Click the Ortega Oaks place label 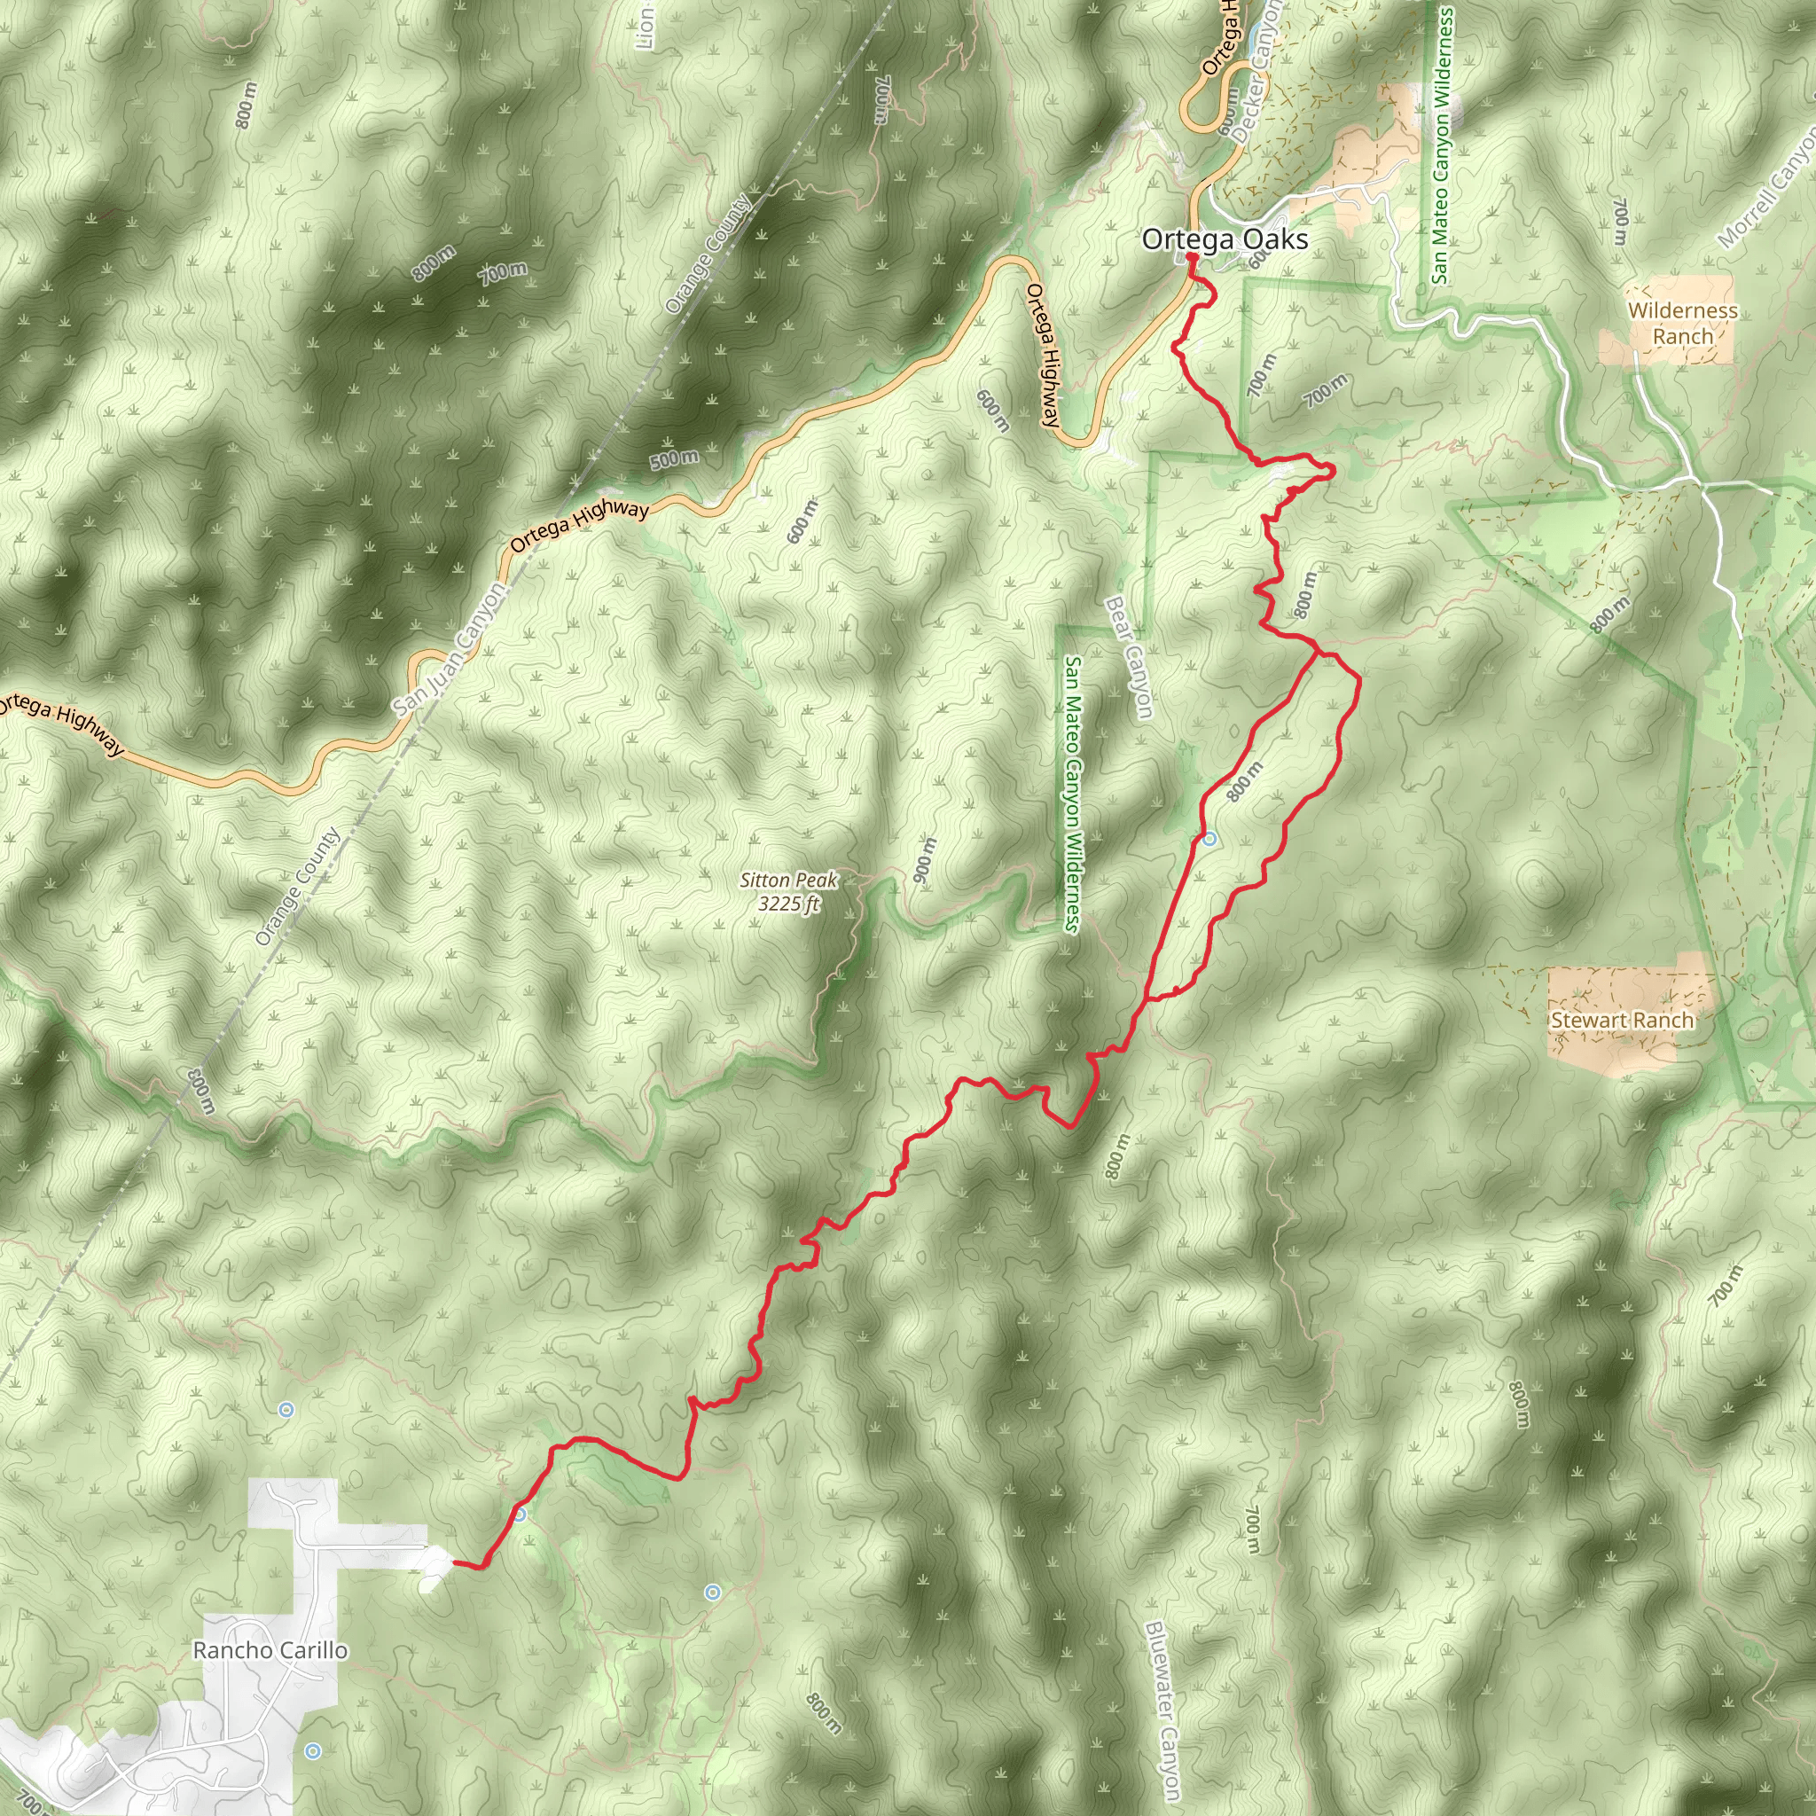(x=1224, y=239)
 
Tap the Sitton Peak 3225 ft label (x=787, y=891)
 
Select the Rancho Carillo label (x=270, y=1649)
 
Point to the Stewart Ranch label (x=1622, y=1020)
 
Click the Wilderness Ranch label (x=1682, y=323)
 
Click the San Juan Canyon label (x=450, y=647)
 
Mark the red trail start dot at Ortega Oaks (x=1190, y=255)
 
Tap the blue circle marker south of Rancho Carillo (x=313, y=1751)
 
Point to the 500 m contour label (x=674, y=459)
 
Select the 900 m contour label (x=925, y=859)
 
